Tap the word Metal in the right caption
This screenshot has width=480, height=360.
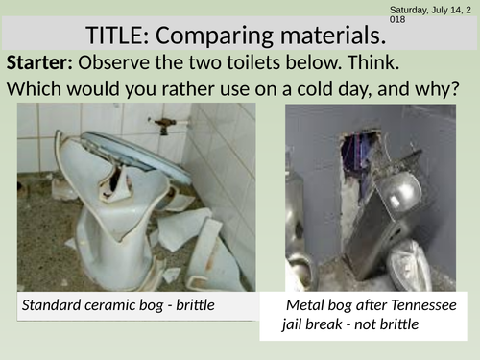pyautogui.click(x=308, y=306)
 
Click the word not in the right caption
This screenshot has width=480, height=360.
pyautogui.click(x=379, y=324)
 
